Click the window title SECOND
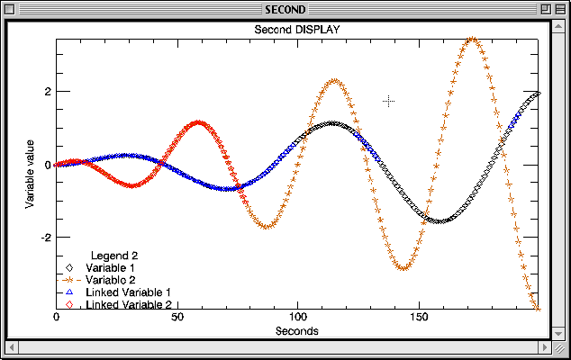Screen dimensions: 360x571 coord(285,10)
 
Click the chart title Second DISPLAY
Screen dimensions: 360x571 coord(296,30)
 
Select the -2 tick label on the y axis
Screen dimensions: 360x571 coord(43,238)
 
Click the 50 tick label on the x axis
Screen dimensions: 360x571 coord(177,318)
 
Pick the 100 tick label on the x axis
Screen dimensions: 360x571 coord(297,318)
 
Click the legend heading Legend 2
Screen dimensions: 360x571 coord(114,256)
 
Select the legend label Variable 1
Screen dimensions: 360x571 coord(111,268)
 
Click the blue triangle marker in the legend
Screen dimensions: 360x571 coord(68,293)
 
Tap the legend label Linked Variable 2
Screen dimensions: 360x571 coord(129,306)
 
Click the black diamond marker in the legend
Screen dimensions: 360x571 coord(68,268)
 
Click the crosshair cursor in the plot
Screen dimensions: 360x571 coord(388,102)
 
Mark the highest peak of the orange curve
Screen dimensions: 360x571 coord(472,39)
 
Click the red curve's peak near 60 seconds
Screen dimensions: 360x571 coord(198,121)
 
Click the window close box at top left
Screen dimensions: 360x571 coord(16,10)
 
